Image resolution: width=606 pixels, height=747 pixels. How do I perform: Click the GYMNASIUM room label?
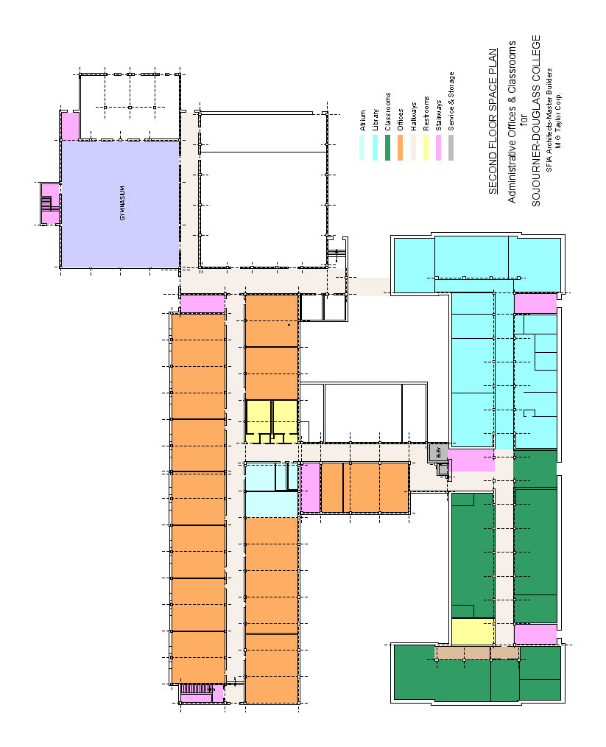122,203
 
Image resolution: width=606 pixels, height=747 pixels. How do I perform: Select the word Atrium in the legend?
363,121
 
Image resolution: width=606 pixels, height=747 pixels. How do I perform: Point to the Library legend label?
375,119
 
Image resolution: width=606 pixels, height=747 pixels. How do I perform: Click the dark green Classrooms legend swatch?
387,147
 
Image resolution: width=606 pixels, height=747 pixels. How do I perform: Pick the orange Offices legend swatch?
401,147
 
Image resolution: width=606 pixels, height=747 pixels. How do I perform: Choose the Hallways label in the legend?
413,116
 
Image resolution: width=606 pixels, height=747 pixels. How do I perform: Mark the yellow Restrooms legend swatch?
426,147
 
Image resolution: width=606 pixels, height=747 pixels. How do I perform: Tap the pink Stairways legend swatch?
438,147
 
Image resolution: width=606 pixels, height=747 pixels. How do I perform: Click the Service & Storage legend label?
451,102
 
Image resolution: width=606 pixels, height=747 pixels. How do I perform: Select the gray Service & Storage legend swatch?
451,147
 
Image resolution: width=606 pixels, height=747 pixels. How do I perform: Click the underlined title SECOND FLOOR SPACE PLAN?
493,121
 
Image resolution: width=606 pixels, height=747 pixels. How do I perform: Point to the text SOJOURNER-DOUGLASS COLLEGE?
536,121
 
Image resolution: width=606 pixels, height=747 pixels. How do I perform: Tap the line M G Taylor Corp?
558,121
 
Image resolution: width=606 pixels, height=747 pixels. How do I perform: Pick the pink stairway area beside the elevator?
472,460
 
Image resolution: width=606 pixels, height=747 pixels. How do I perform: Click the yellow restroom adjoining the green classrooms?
473,632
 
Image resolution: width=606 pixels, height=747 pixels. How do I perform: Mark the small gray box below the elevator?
443,469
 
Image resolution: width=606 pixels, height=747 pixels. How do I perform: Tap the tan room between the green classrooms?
477,653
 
